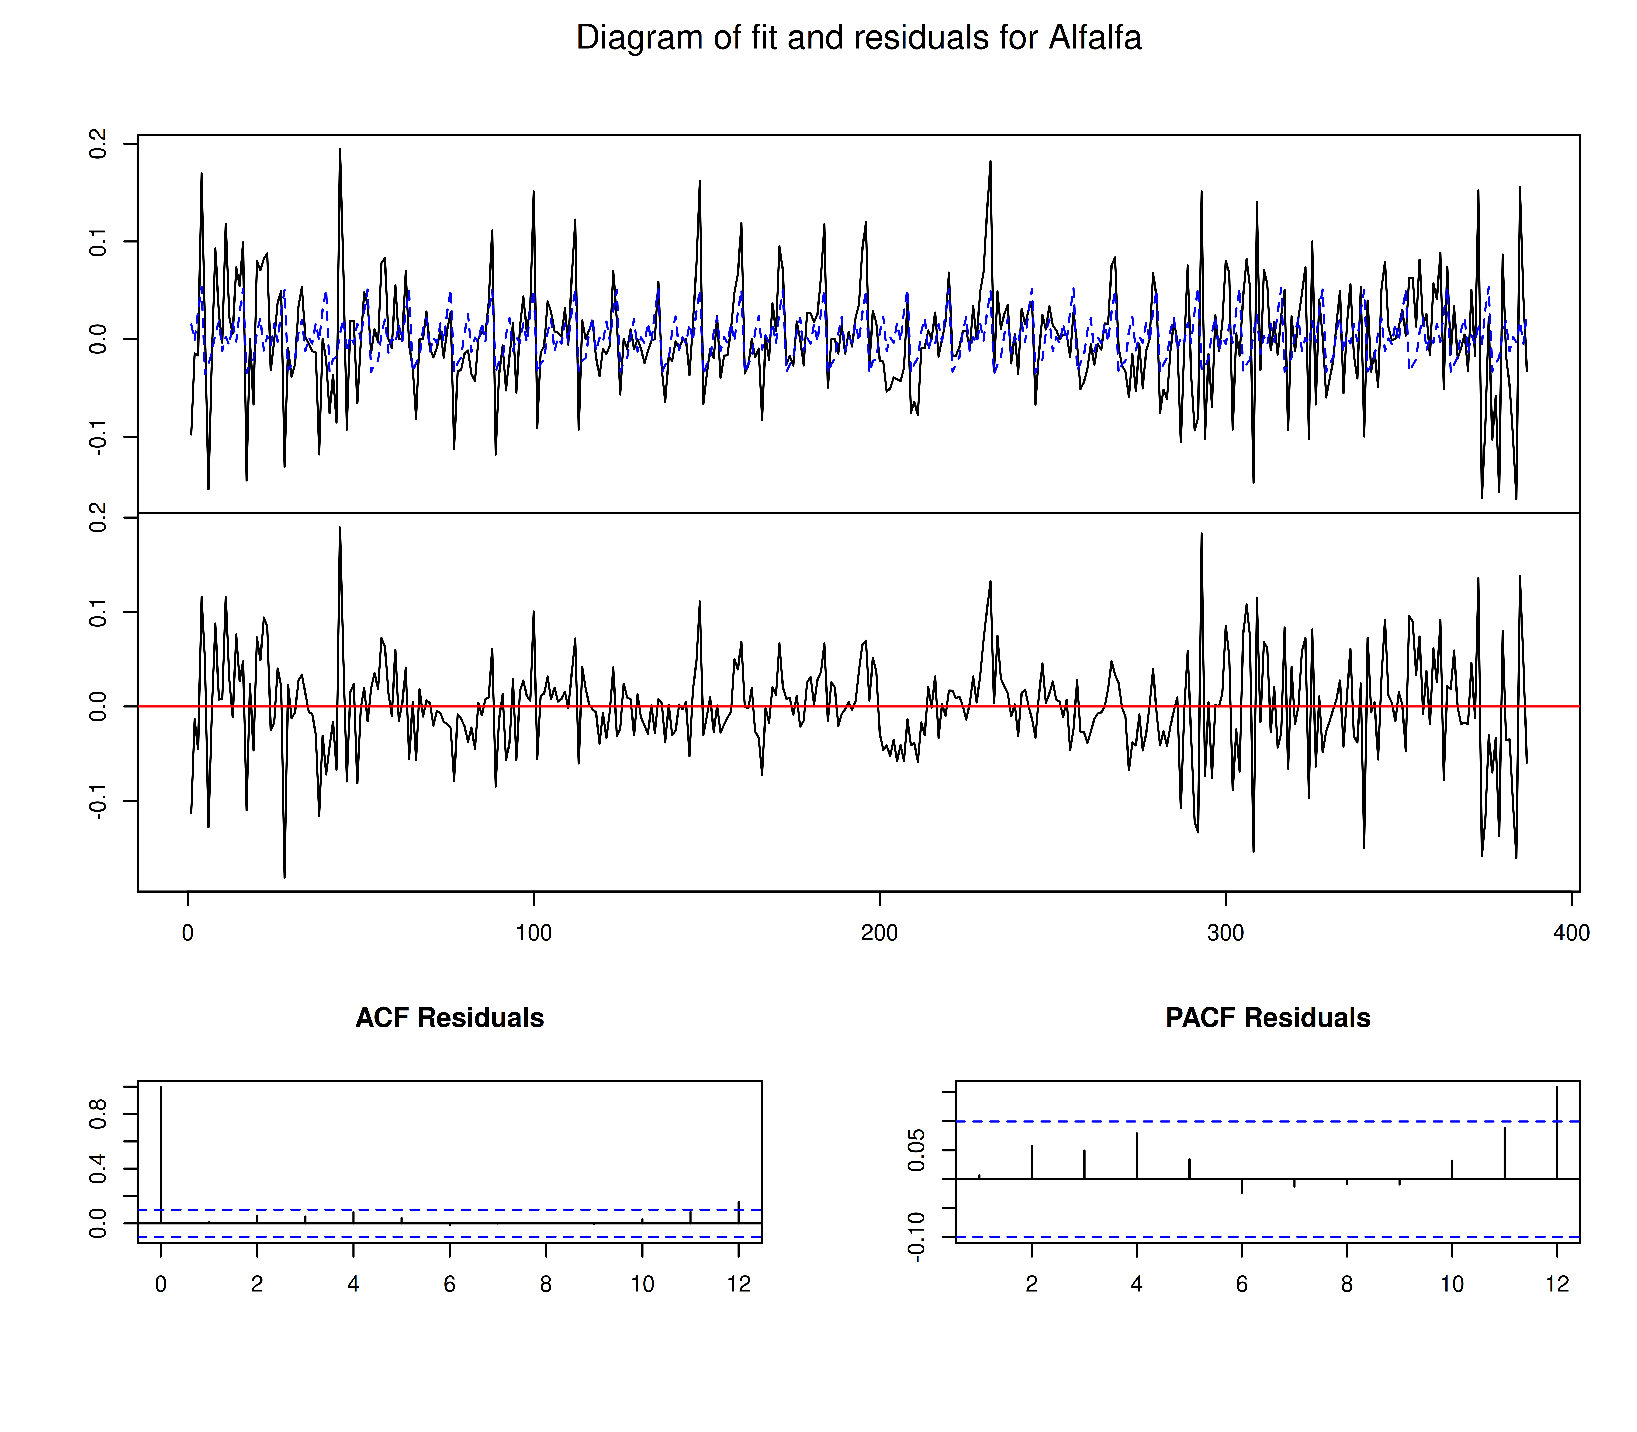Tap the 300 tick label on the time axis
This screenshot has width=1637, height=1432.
[1225, 933]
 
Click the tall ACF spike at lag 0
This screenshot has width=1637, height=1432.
[161, 1151]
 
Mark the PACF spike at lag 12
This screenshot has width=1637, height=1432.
[1557, 1131]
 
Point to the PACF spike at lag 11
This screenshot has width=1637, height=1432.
[1504, 1152]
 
